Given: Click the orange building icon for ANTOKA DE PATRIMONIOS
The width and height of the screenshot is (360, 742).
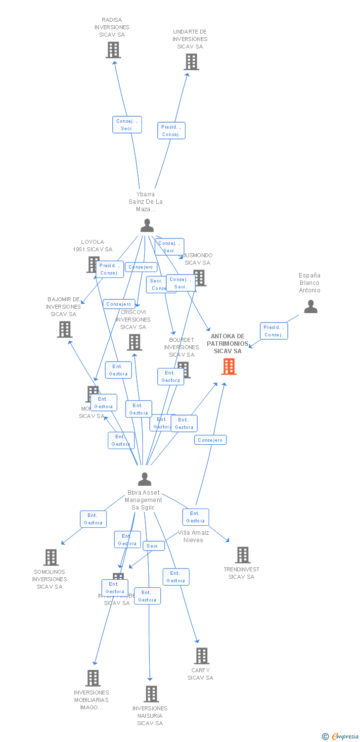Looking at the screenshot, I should (229, 367).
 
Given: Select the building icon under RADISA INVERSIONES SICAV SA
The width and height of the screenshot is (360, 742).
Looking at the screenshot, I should (113, 50).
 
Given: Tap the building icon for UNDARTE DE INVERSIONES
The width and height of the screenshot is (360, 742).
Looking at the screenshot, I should (191, 62).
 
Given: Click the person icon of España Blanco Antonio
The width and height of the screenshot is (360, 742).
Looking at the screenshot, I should (311, 307).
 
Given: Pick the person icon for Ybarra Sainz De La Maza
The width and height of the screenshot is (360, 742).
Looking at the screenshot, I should (147, 226).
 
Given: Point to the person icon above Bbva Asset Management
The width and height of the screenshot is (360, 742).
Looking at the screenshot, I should (144, 479).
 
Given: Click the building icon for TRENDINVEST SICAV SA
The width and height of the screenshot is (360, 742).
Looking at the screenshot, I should (243, 555).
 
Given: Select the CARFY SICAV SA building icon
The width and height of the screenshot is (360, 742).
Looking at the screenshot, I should (202, 656).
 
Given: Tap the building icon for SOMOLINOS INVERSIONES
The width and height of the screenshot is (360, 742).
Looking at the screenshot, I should (51, 557).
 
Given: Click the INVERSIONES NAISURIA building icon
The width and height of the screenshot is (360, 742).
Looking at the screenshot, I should (151, 694).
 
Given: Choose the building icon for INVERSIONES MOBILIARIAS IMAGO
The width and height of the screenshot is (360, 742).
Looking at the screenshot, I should (93, 678).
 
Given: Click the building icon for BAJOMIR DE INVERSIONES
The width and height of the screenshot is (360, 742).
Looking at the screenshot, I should (65, 329).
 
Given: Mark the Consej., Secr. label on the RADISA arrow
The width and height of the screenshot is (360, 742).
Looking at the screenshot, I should (127, 125).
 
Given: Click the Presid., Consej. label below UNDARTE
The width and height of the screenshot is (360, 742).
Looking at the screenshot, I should (171, 131).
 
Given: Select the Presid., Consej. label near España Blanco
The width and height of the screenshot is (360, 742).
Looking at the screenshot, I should (273, 331).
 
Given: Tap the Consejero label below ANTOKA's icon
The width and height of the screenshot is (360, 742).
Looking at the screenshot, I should (210, 440).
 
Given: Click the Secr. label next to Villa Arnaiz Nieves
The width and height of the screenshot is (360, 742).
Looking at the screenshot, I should (153, 546).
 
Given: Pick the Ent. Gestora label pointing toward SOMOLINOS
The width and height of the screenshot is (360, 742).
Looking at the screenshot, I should (93, 519).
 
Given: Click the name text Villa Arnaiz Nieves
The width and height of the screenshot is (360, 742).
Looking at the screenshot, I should (193, 536).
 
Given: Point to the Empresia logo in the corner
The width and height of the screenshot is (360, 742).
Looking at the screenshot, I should (341, 737).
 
